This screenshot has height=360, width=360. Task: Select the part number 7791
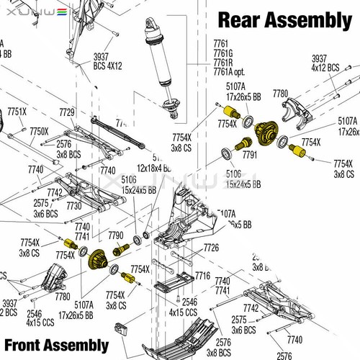click(x=250, y=154)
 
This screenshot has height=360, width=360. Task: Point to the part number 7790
click(x=115, y=235)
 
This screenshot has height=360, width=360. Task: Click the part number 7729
click(x=67, y=112)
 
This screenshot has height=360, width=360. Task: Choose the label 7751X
click(x=17, y=112)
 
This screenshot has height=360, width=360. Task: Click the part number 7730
click(x=73, y=205)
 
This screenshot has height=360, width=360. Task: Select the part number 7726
click(x=211, y=247)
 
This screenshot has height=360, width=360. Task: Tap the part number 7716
click(x=202, y=276)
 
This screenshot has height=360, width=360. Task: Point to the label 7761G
click(x=224, y=53)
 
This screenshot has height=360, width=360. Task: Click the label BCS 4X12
click(x=107, y=66)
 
